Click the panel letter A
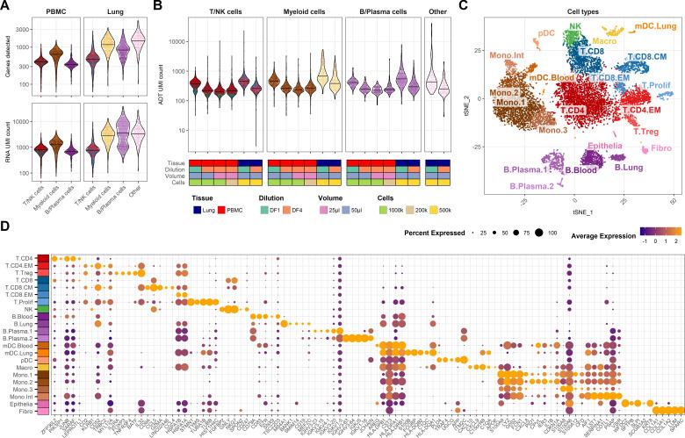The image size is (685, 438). pos(6,7)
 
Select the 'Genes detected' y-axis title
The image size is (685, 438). pos(7,57)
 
